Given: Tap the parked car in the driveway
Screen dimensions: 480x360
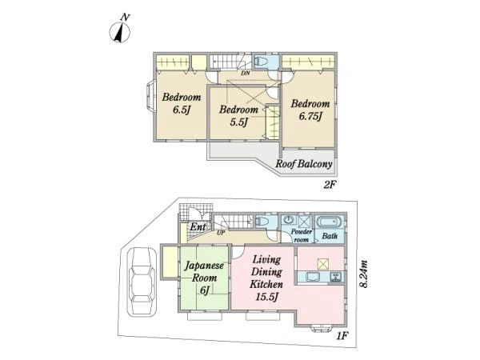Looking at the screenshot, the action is pyautogui.click(x=142, y=282).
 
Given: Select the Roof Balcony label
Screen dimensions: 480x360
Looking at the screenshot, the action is pyautogui.click(x=304, y=164).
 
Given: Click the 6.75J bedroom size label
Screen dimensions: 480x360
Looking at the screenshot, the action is pyautogui.click(x=310, y=117).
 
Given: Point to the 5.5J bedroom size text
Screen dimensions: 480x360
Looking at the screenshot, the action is pyautogui.click(x=238, y=122).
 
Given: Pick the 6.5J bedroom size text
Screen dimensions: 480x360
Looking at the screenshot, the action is pyautogui.click(x=182, y=110).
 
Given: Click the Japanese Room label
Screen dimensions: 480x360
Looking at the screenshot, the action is pyautogui.click(x=204, y=272).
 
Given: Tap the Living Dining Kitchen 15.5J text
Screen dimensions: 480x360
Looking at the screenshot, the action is pyautogui.click(x=266, y=278).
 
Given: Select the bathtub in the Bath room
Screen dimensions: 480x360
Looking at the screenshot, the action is pyautogui.click(x=330, y=222).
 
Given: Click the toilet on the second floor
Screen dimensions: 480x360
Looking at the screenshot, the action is pyautogui.click(x=262, y=62).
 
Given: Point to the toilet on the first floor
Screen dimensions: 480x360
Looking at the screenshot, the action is pyautogui.click(x=262, y=221).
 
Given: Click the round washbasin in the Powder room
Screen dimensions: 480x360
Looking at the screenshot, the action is pyautogui.click(x=289, y=220).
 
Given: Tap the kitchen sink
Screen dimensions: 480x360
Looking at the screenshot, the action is pyautogui.click(x=313, y=277).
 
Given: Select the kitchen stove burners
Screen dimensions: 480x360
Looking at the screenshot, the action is pyautogui.click(x=335, y=277).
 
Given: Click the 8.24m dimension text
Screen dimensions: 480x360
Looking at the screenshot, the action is pyautogui.click(x=364, y=274).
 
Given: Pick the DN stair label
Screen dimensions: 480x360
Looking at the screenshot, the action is pyautogui.click(x=246, y=73).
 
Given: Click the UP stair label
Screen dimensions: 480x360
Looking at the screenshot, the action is pyautogui.click(x=221, y=233).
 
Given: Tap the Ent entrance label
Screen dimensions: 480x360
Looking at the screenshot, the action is pyautogui.click(x=198, y=227).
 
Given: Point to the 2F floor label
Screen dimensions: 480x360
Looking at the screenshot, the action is pyautogui.click(x=330, y=185).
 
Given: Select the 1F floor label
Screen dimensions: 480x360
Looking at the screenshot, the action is pyautogui.click(x=342, y=336).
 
